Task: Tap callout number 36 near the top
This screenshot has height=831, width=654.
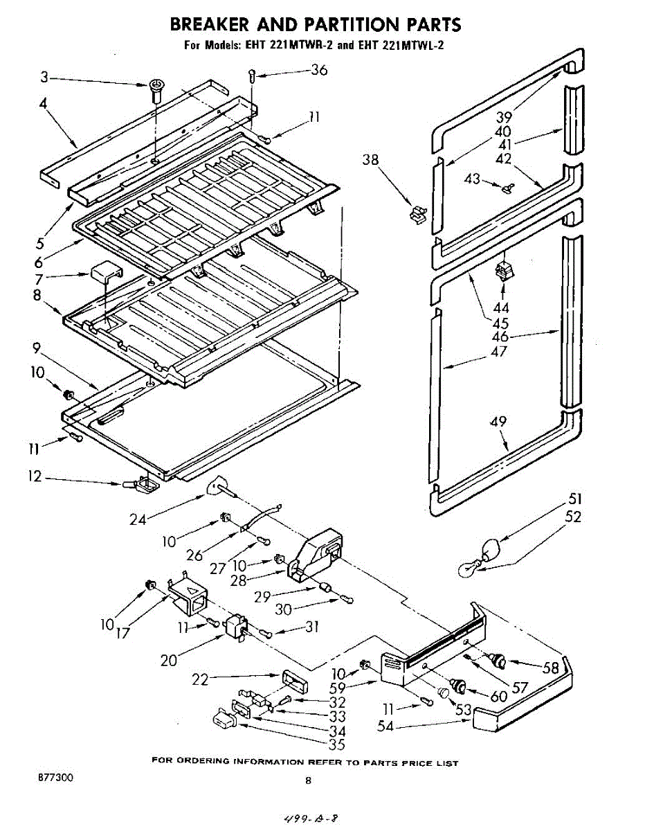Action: click(x=318, y=69)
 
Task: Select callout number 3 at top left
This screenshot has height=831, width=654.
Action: click(x=44, y=78)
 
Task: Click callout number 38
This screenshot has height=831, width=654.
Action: click(x=370, y=160)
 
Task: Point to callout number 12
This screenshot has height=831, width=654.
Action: click(x=34, y=476)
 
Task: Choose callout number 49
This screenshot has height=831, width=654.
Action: click(x=498, y=420)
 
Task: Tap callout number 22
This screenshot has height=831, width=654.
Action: click(x=200, y=680)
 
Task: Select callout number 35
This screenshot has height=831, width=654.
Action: click(x=337, y=744)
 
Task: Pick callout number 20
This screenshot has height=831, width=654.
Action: click(x=169, y=660)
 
